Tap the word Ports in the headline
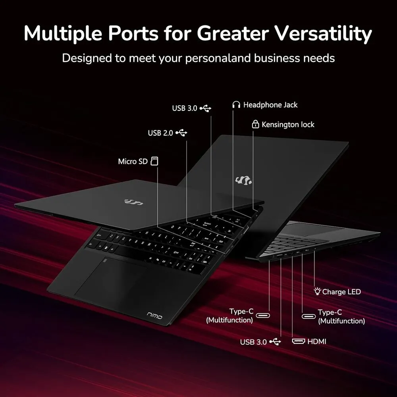[133, 33]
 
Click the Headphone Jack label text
[270, 105]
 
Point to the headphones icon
[236, 104]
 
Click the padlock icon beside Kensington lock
[255, 124]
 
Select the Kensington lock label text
[288, 125]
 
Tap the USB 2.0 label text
[160, 133]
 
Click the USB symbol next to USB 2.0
[181, 133]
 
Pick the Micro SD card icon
[154, 161]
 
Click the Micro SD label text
[133, 161]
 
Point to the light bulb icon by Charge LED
[317, 291]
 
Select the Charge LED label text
[341, 292]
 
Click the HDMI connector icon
[299, 341]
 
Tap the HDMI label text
[317, 341]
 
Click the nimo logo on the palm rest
[154, 315]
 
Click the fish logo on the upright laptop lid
[244, 180]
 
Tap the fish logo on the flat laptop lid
[133, 202]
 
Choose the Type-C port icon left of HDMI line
[263, 316]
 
